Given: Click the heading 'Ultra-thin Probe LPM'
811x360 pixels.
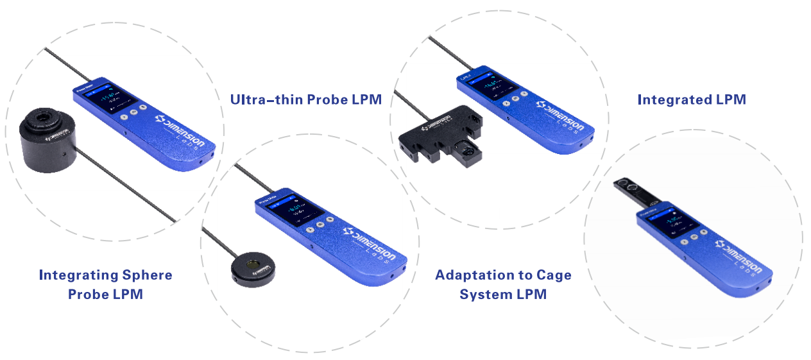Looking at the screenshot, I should tap(306, 99).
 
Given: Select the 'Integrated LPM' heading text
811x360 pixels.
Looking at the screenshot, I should tap(692, 99).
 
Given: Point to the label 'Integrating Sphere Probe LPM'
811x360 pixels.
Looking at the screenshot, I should tap(105, 284).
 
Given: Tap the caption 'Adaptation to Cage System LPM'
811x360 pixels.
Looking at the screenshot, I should tap(503, 284).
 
